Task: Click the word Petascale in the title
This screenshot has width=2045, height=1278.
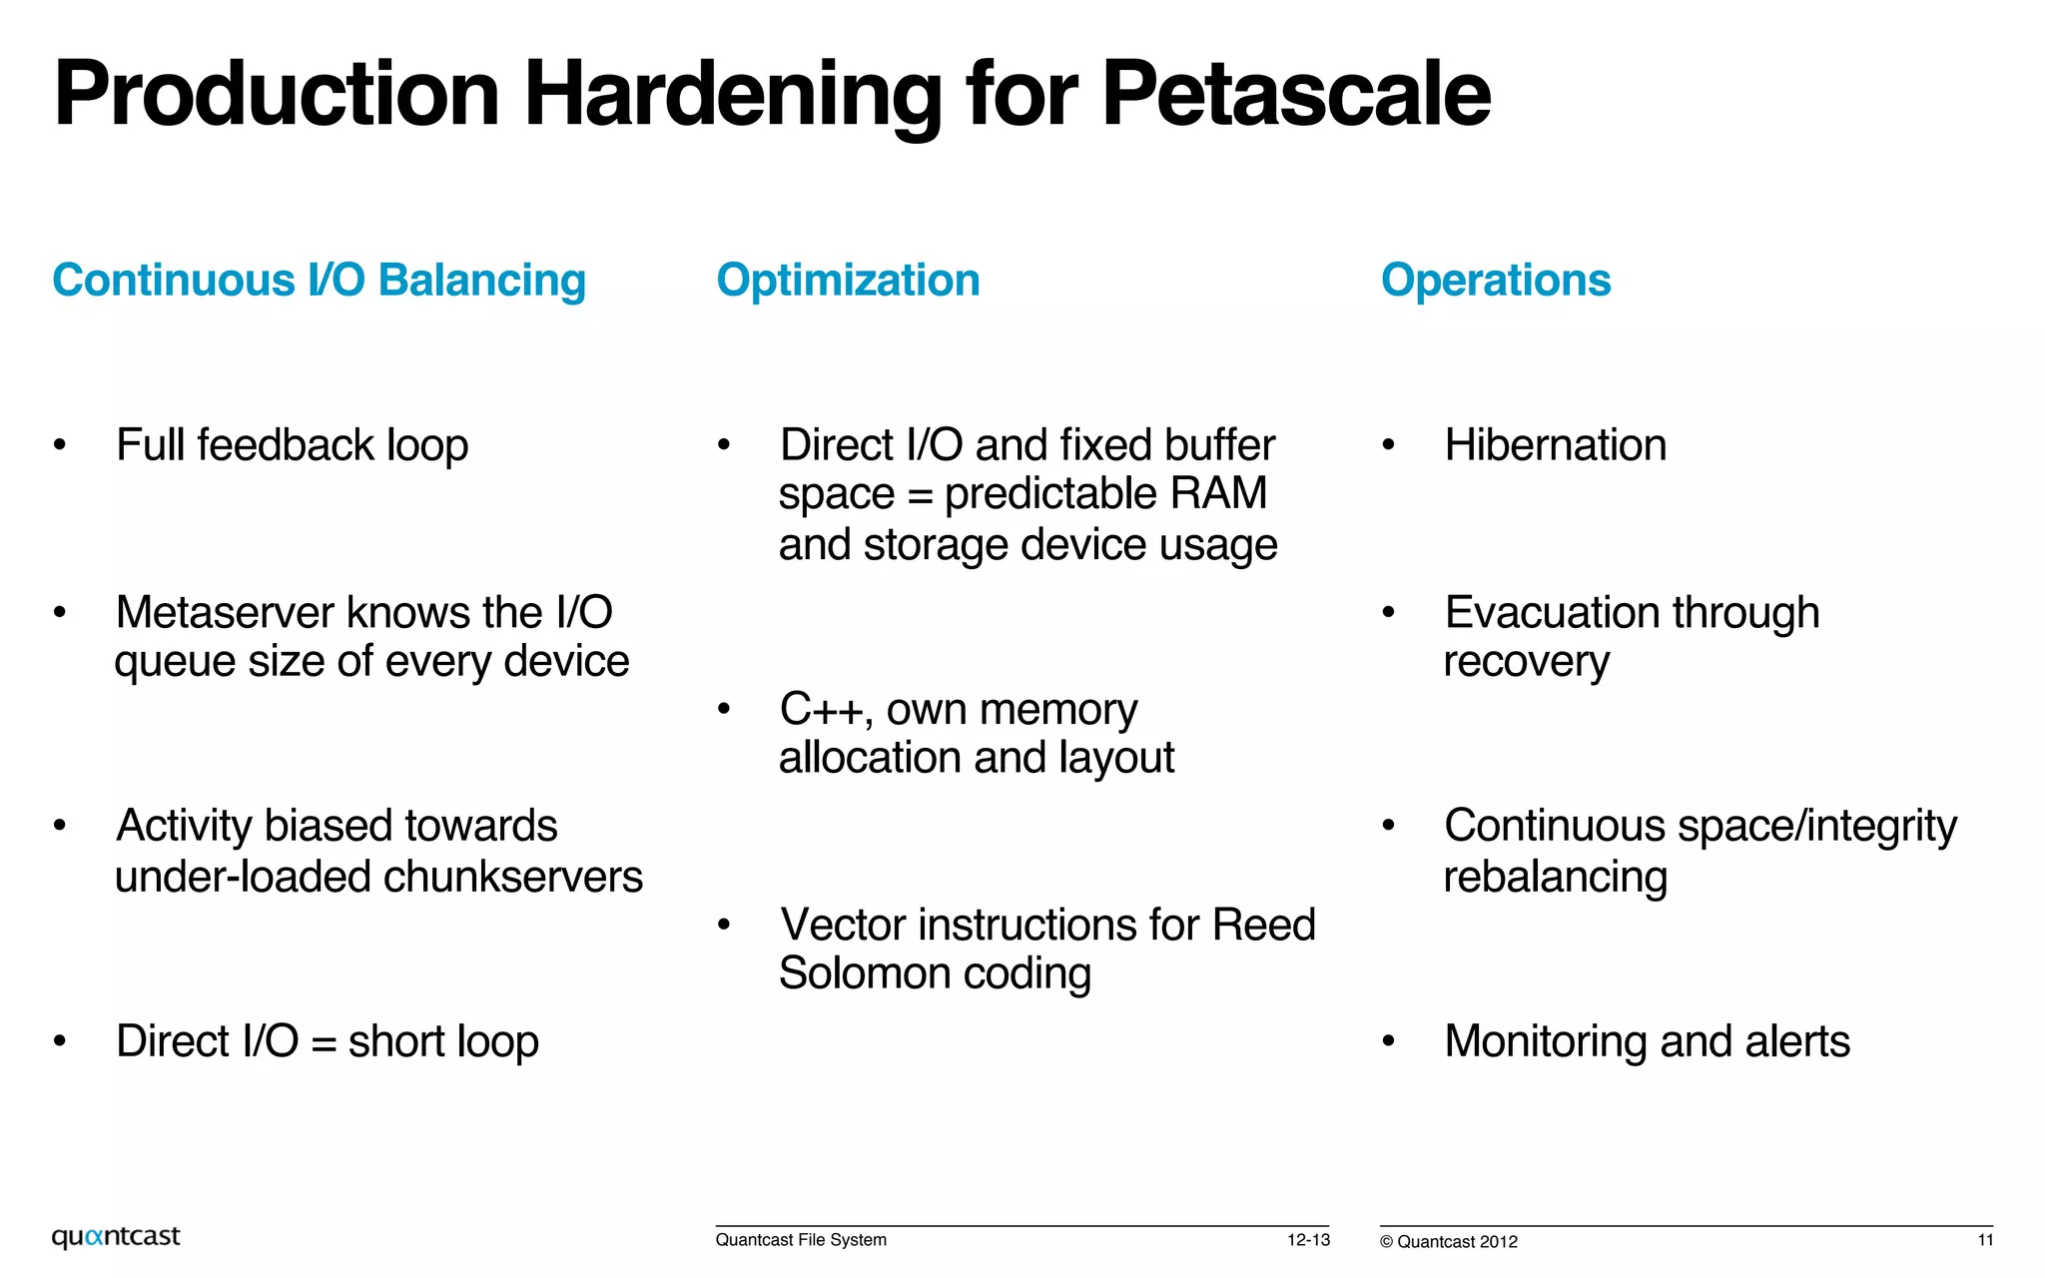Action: (1295, 94)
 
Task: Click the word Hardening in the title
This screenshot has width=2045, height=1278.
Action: (733, 94)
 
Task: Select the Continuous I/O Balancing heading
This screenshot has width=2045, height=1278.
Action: (319, 280)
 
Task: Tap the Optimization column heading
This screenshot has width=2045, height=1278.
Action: (848, 280)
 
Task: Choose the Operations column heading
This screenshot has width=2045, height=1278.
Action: (1495, 280)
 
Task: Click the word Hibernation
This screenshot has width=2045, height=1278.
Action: (1555, 445)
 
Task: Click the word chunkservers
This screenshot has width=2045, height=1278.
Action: (513, 877)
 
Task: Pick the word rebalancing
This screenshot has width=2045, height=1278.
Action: (1555, 877)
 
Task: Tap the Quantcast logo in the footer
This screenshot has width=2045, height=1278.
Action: (116, 1237)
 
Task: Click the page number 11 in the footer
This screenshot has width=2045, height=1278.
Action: (1985, 1240)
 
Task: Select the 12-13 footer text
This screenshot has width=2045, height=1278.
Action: (1308, 1240)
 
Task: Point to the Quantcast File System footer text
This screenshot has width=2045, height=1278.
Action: (801, 1240)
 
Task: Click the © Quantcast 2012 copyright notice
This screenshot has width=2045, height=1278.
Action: (1449, 1242)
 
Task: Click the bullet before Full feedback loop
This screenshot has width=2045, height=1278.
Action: (60, 444)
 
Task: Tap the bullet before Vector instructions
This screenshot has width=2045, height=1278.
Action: (724, 925)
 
